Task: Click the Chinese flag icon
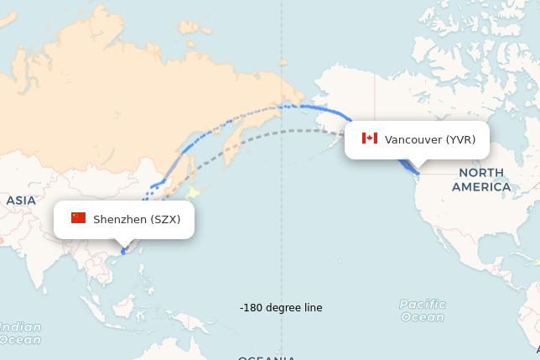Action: (x=78, y=218)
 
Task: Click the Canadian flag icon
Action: (x=370, y=138)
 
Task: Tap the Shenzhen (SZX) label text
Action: (x=136, y=219)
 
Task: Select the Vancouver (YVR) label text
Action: (x=429, y=139)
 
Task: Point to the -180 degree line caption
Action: (x=281, y=308)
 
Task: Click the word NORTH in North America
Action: (x=481, y=173)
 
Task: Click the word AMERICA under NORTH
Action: (x=481, y=186)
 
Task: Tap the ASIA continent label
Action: (x=20, y=201)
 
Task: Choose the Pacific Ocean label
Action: (x=423, y=310)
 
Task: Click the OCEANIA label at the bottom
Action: (x=266, y=357)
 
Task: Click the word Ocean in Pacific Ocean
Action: (x=423, y=317)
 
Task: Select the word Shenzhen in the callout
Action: (x=120, y=219)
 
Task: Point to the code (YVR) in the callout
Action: (x=460, y=139)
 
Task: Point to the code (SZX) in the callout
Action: (x=165, y=219)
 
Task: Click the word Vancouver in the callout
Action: (x=413, y=139)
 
